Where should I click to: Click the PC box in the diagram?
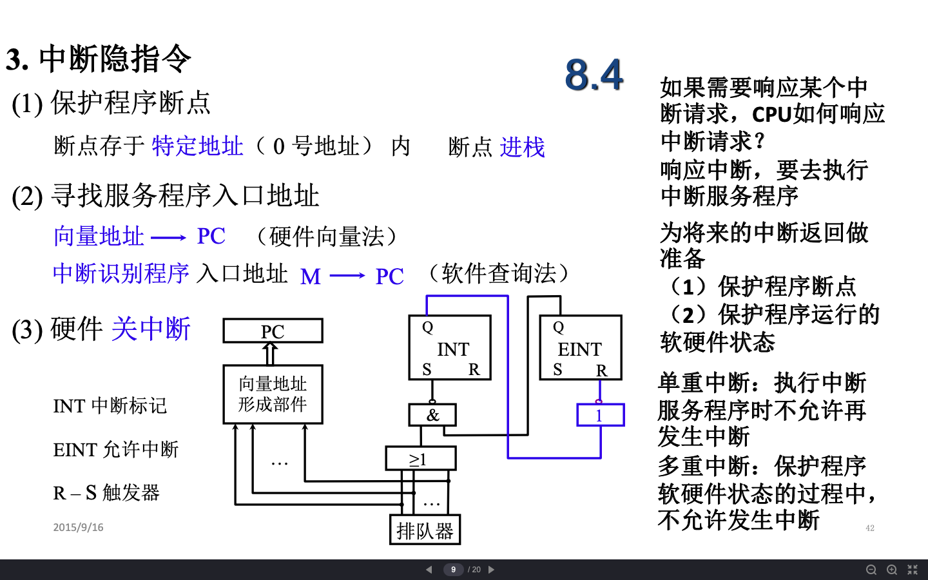(273, 331)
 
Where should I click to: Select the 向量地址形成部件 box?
(273, 394)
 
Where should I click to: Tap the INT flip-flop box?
(450, 347)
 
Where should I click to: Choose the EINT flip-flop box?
(580, 347)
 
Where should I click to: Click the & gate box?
(432, 415)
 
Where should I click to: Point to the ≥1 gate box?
(420, 459)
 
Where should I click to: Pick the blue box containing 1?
(600, 415)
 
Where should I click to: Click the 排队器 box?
(425, 530)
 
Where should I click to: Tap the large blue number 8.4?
(594, 74)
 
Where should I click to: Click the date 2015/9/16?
(78, 527)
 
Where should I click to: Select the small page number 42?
(870, 528)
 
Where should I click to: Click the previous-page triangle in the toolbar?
(429, 570)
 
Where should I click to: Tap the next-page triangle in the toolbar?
(491, 570)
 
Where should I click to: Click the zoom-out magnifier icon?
(871, 570)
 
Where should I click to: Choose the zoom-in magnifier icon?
(892, 570)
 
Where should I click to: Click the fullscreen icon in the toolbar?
(913, 570)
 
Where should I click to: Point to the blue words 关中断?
(151, 329)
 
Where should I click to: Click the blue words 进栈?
(522, 148)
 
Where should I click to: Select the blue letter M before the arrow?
(311, 276)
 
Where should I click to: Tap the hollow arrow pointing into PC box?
(271, 354)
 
